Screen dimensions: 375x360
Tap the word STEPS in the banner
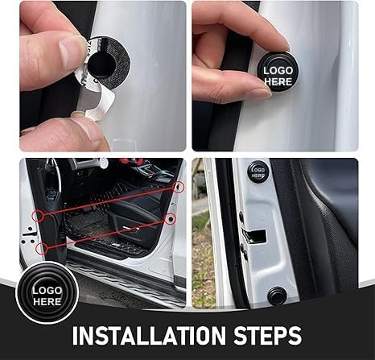point(267,335)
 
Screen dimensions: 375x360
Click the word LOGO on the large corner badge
point(47,291)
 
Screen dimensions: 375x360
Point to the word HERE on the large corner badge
point(47,301)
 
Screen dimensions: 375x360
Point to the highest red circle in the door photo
point(179,187)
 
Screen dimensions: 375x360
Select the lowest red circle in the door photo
point(42,249)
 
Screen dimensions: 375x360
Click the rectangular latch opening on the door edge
point(254,236)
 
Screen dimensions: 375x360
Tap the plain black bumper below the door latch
point(278,296)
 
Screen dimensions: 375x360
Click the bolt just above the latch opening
point(241,215)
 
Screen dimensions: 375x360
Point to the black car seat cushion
point(134,208)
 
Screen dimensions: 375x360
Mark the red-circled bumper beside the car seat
point(170,219)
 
